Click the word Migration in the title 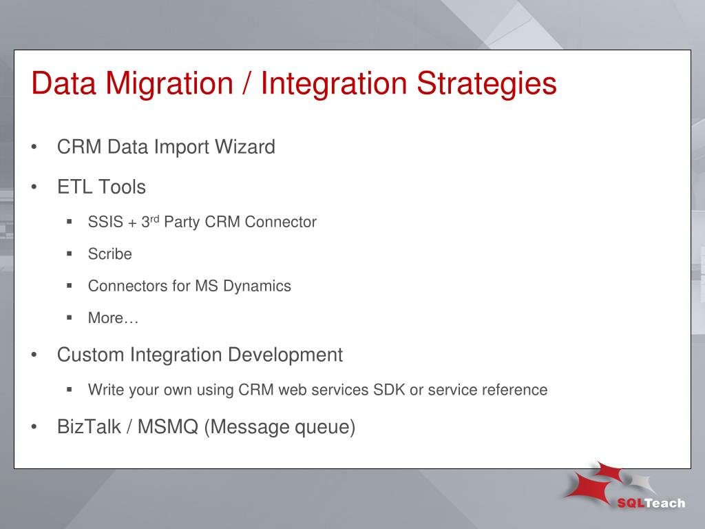(x=169, y=84)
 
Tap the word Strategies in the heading (x=487, y=84)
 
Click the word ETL (x=74, y=187)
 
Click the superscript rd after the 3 (x=155, y=219)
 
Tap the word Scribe (x=109, y=253)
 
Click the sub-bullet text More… (x=113, y=318)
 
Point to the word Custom (x=90, y=355)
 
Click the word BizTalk (x=89, y=426)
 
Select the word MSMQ (x=168, y=426)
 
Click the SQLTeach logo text (x=651, y=503)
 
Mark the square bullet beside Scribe (x=70, y=253)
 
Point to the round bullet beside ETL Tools (x=34, y=187)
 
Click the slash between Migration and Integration (x=246, y=84)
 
